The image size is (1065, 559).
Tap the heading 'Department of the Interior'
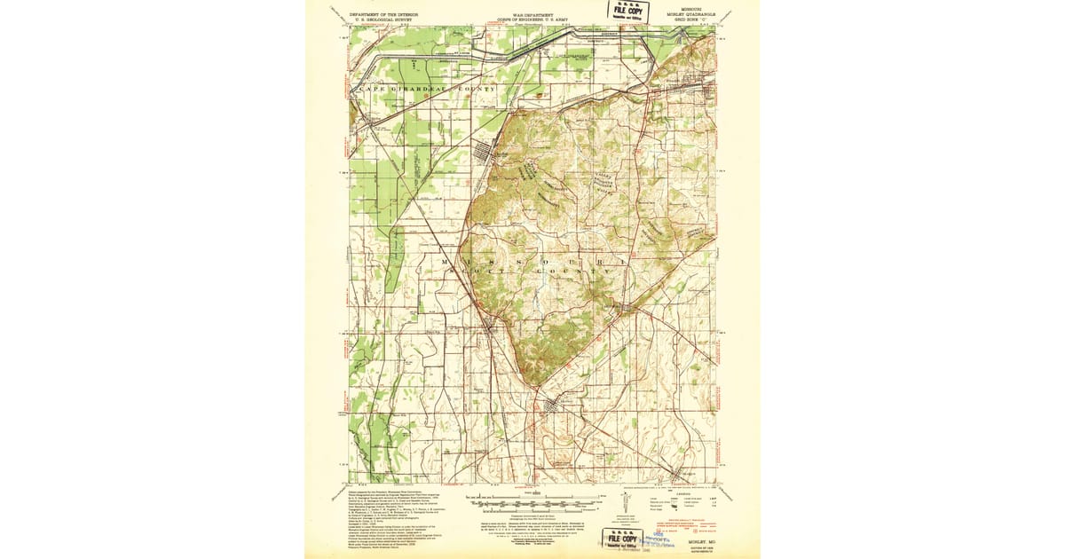pos(385,14)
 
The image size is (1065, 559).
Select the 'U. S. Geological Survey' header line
pos(385,20)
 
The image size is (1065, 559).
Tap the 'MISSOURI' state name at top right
pos(685,9)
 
